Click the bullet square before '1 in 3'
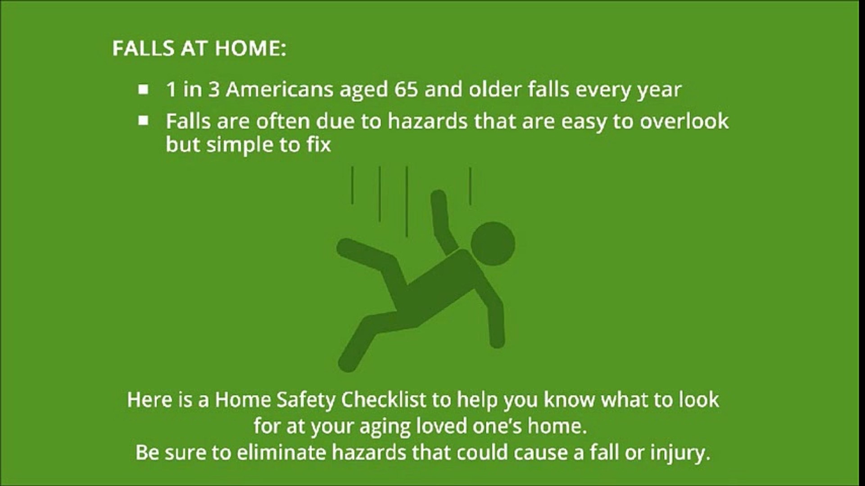tap(143, 90)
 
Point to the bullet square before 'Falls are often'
tap(143, 121)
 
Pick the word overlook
tap(684, 121)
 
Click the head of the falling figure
tap(493, 243)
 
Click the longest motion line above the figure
tap(407, 202)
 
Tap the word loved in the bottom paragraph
tap(441, 426)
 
